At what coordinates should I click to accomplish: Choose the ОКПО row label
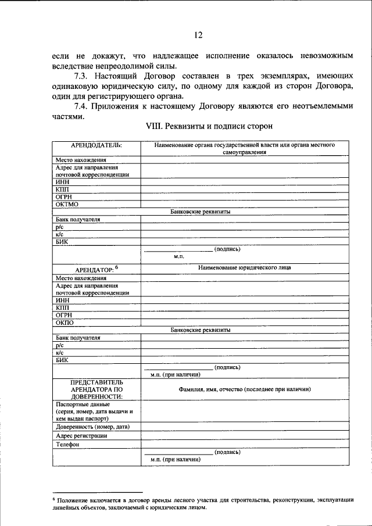(x=65, y=322)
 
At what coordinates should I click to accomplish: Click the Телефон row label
(x=68, y=445)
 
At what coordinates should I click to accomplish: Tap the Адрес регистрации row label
(x=81, y=435)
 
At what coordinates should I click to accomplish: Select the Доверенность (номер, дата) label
(x=92, y=426)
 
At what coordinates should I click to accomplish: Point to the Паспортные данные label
(x=83, y=404)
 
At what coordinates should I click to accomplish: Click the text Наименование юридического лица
(x=244, y=267)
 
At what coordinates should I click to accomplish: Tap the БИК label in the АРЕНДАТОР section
(x=62, y=360)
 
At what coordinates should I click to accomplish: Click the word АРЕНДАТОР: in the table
(x=94, y=269)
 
